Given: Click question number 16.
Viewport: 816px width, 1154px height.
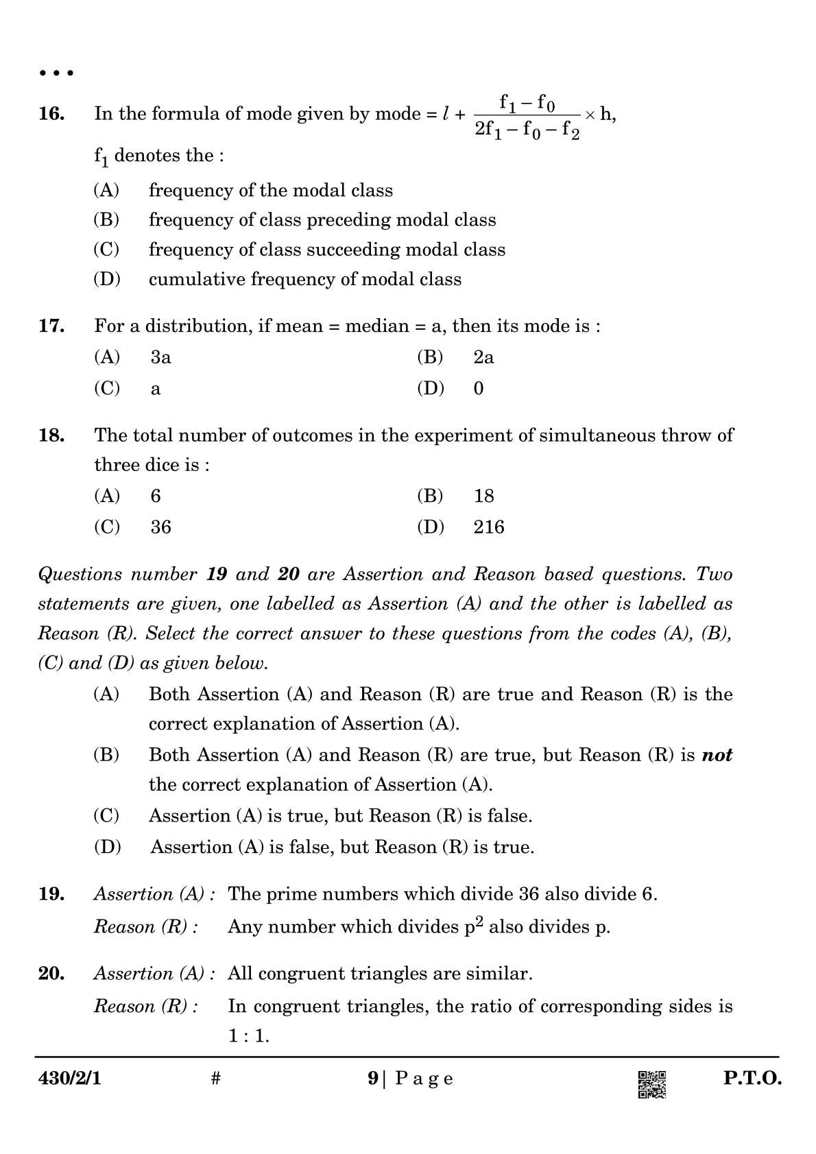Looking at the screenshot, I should (x=51, y=114).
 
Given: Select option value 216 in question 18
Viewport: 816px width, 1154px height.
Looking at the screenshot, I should (x=488, y=527).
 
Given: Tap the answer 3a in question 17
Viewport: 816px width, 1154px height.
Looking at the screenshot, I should (x=160, y=357).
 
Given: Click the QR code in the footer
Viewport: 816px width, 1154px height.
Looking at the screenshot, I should (x=651, y=1085).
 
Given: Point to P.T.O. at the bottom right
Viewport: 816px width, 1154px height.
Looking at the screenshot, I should (x=752, y=1079).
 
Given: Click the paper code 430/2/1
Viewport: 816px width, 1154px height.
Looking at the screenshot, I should (x=69, y=1079).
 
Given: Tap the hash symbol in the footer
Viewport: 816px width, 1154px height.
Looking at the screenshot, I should (x=215, y=1079).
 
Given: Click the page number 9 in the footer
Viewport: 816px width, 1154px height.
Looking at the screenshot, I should (x=372, y=1079).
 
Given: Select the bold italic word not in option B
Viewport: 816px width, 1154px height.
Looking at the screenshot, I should (x=717, y=755).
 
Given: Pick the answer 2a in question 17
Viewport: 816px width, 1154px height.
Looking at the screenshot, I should (x=483, y=357).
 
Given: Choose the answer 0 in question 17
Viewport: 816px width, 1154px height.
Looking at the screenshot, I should (x=479, y=389).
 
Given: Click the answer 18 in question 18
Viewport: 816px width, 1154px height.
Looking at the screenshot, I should (x=483, y=496).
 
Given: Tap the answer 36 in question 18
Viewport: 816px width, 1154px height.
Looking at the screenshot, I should (x=160, y=527).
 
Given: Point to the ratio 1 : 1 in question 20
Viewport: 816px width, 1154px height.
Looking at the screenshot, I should (x=248, y=1036).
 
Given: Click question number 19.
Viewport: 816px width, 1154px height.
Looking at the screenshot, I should (x=51, y=894).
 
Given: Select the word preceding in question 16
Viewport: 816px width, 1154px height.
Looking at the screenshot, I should (x=349, y=220).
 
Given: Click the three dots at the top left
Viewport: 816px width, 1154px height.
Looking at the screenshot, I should (x=56, y=73).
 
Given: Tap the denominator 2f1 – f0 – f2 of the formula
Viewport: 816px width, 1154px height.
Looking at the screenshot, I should (x=527, y=130).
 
